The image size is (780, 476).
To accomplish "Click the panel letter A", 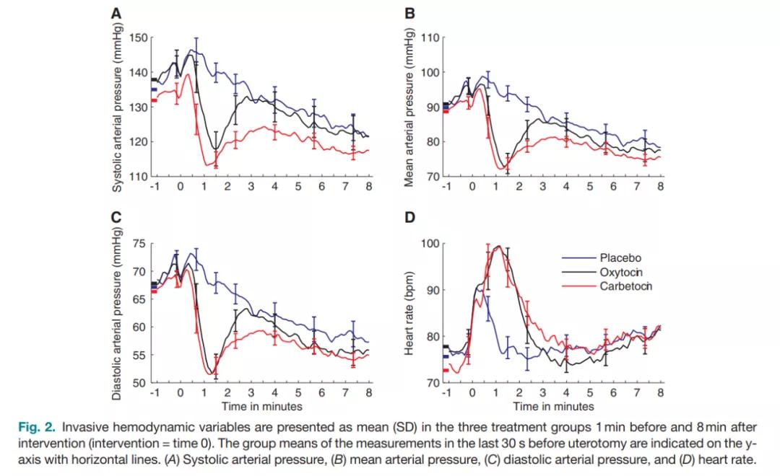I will pos(116,12).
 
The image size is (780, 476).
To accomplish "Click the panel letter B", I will pos(409,12).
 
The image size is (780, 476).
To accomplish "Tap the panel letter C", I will pos(116,216).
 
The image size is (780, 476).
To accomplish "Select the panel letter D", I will pos(409,216).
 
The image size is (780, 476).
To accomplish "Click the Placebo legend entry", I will pos(619,257).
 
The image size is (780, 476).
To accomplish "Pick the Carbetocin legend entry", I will pos(625,286).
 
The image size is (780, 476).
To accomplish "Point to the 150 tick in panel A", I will pos(138,38).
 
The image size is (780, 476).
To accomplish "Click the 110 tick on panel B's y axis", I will pos(430,38).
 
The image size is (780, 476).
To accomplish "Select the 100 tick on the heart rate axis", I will pos(430,244).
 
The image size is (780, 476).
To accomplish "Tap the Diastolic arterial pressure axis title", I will pos(118,313).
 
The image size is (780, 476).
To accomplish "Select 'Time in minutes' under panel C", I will pos(261,406).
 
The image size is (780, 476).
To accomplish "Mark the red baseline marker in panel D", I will pos(446,371).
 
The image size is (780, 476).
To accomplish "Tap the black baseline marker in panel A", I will pos(154,79).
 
